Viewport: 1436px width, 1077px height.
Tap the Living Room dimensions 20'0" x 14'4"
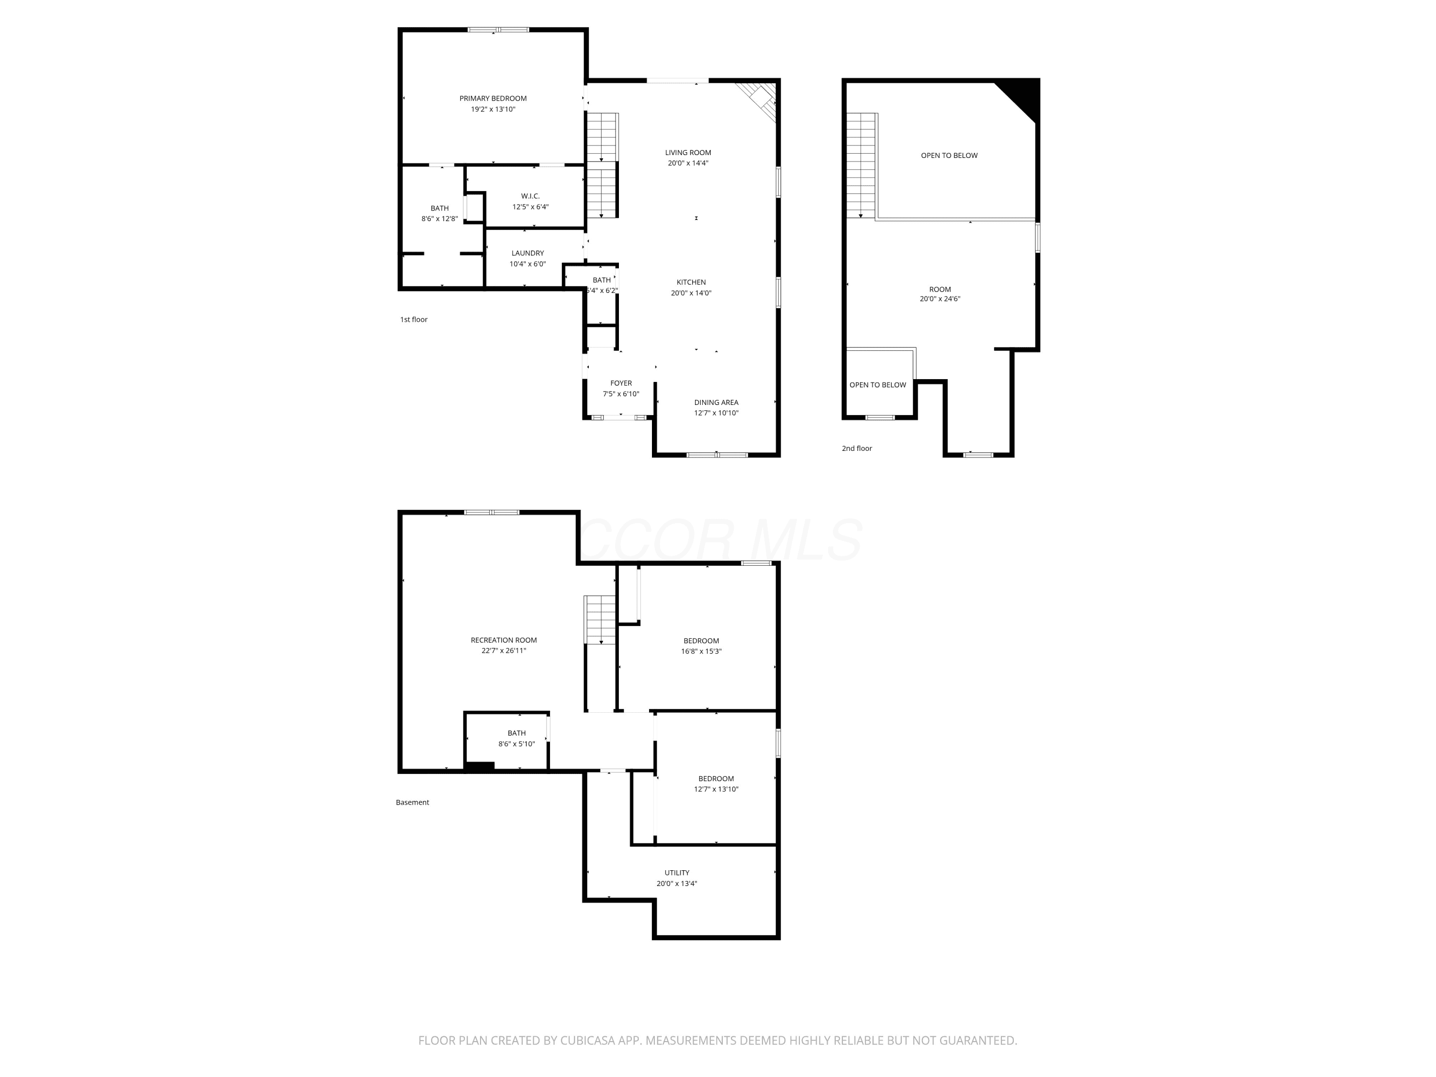click(688, 163)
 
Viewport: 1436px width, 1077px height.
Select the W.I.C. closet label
click(530, 196)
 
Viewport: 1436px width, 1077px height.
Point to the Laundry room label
click(528, 253)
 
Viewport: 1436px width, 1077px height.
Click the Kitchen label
click(691, 282)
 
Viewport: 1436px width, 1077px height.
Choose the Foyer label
click(621, 383)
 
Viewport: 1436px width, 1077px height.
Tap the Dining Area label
click(716, 403)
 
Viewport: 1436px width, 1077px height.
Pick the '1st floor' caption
click(414, 319)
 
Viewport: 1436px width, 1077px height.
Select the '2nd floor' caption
click(857, 448)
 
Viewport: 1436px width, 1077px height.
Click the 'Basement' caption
click(412, 802)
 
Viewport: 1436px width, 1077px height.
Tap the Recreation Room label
click(504, 640)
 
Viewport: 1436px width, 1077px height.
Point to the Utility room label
click(677, 873)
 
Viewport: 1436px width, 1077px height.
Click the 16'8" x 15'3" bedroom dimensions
click(701, 651)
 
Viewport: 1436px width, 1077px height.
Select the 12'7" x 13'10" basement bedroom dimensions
click(716, 789)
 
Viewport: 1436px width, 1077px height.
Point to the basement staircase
click(601, 620)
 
